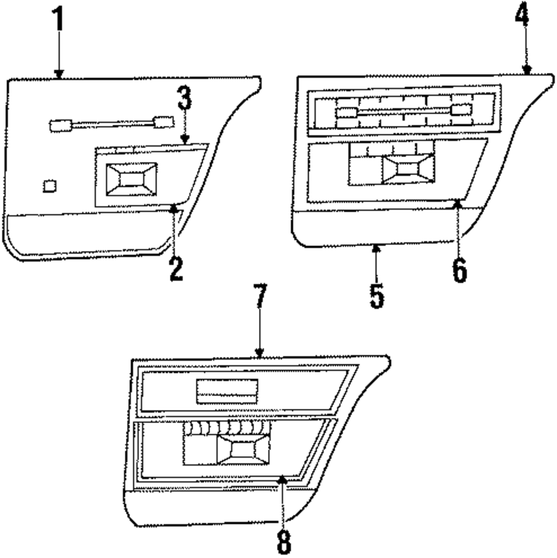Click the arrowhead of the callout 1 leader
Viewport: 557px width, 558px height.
point(58,74)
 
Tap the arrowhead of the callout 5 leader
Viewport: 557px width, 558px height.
point(377,249)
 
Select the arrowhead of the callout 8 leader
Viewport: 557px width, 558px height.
point(283,477)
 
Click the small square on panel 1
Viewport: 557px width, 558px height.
point(50,185)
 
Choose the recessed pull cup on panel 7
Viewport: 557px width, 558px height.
point(243,449)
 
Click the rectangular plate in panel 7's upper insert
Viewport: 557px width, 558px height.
point(227,390)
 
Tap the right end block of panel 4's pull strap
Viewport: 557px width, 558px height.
point(462,110)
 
